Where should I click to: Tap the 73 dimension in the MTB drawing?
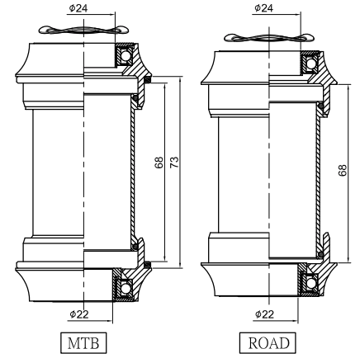pos(173,163)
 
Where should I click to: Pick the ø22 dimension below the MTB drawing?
pos(79,314)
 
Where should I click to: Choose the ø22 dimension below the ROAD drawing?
pos(264,314)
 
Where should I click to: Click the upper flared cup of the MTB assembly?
pos(37,63)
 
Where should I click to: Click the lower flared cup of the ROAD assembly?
pos(227,280)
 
